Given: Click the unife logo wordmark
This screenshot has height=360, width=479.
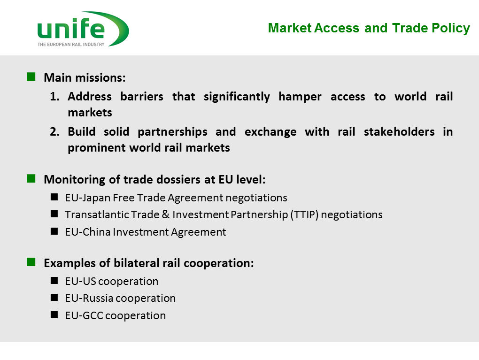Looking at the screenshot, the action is tap(71, 28).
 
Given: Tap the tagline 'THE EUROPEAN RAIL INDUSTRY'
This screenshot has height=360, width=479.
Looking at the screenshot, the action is tap(71, 44).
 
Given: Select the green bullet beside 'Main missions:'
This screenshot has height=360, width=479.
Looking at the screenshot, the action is tap(31, 77).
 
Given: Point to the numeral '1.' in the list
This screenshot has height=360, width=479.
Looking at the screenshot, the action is tap(54, 97).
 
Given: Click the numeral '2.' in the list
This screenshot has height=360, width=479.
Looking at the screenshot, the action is tap(54, 131).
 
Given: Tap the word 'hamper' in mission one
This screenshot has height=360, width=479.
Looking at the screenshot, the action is tap(300, 97).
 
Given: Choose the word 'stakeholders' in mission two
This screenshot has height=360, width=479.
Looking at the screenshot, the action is tap(399, 131).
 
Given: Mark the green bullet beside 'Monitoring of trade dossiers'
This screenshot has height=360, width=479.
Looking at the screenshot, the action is tap(31, 178).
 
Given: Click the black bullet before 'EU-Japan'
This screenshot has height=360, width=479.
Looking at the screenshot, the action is tap(54, 197).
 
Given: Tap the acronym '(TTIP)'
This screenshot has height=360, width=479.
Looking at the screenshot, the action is tap(304, 214).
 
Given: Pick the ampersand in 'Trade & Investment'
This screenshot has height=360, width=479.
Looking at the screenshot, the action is tap(166, 214).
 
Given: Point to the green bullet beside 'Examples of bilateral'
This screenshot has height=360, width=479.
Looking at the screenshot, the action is tap(31, 262).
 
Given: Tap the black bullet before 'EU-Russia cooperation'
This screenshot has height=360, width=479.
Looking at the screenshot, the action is tap(54, 298).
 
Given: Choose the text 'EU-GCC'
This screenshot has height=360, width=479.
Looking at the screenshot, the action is tap(84, 315).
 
